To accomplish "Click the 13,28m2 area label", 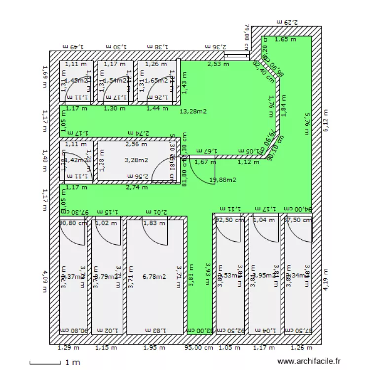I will [x=192, y=111].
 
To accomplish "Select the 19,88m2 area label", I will [x=223, y=180].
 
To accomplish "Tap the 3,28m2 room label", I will [x=137, y=160].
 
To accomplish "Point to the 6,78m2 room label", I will [x=154, y=276].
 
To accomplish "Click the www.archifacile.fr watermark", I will [x=309, y=362].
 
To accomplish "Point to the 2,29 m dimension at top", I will [x=287, y=22].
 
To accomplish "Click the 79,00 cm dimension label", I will [x=247, y=35].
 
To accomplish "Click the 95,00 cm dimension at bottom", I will [x=199, y=348].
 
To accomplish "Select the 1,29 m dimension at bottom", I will [x=64, y=348].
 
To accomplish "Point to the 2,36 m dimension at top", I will [x=216, y=46].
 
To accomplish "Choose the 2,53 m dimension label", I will [x=218, y=64].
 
